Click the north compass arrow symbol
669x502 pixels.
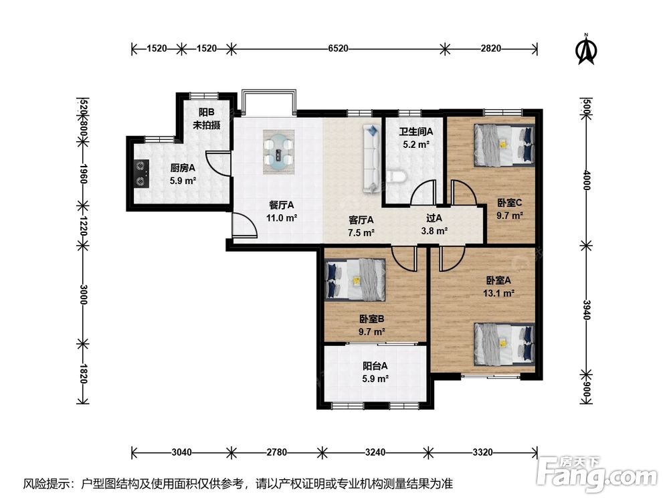click(x=587, y=50)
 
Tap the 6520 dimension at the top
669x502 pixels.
click(x=338, y=49)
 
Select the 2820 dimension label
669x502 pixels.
click(x=491, y=49)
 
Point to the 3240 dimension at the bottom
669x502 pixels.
click(x=375, y=452)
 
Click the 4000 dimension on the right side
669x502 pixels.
click(x=587, y=179)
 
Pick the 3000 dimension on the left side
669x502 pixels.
click(x=83, y=294)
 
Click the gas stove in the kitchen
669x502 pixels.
click(x=142, y=174)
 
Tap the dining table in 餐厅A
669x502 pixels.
click(x=279, y=152)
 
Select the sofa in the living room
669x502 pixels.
click(x=371, y=159)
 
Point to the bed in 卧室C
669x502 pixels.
click(x=504, y=145)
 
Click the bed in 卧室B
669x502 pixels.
click(x=355, y=280)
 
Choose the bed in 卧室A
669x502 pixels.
click(x=504, y=343)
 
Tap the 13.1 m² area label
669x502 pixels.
click(x=498, y=293)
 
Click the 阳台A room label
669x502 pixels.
click(x=375, y=366)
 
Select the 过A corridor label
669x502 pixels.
click(x=434, y=218)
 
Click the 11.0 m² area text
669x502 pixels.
click(x=282, y=218)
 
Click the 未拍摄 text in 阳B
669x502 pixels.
click(x=207, y=126)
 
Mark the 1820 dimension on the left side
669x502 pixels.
click(x=83, y=373)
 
